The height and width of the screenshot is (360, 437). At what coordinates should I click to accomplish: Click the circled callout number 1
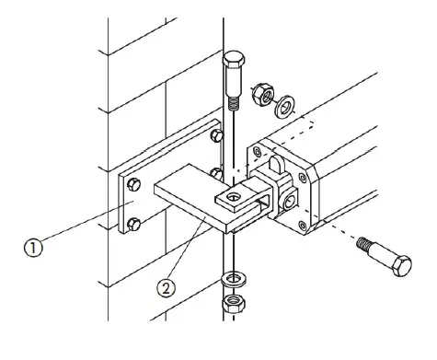click(x=34, y=248)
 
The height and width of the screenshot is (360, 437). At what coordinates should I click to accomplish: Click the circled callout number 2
click(x=167, y=288)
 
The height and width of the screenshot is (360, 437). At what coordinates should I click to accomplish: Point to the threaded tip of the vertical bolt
click(x=234, y=103)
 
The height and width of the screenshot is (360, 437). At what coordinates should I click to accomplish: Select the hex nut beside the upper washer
click(x=263, y=94)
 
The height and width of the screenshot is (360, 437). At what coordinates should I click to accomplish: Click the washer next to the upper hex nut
click(x=285, y=107)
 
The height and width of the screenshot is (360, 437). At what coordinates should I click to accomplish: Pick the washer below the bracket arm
click(x=234, y=278)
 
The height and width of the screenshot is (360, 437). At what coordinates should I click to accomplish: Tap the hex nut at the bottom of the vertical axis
click(x=234, y=303)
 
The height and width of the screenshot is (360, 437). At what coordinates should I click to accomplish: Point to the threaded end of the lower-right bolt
click(x=365, y=243)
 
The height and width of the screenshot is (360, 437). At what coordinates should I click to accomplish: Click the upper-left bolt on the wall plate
click(x=133, y=184)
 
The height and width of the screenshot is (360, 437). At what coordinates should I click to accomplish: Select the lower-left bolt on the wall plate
click(x=133, y=225)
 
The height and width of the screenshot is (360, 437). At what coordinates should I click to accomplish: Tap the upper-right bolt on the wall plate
click(x=217, y=135)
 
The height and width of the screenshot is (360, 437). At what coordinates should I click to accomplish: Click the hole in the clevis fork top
click(x=234, y=197)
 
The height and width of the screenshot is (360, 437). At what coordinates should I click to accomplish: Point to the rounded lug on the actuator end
click(x=277, y=164)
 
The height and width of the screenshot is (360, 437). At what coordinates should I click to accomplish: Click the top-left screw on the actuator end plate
click(x=257, y=151)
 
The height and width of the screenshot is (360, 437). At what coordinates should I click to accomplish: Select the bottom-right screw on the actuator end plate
click(x=303, y=226)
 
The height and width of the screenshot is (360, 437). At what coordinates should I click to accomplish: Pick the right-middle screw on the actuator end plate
click(x=303, y=178)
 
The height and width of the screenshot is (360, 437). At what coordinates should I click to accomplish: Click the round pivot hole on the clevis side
click(x=289, y=202)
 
